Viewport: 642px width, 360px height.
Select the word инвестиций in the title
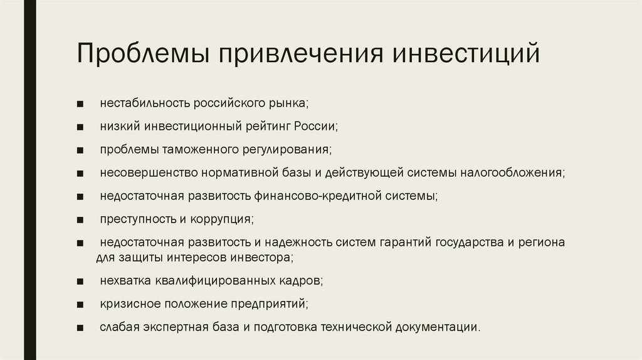(x=466, y=53)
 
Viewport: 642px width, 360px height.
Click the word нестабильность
(x=145, y=102)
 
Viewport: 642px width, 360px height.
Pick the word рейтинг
(x=268, y=126)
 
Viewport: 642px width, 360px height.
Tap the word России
(x=316, y=125)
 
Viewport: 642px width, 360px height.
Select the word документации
(x=438, y=327)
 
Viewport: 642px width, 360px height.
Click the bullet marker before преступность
(x=80, y=220)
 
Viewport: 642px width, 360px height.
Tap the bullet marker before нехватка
(x=80, y=282)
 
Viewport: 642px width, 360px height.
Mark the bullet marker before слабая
(x=80, y=327)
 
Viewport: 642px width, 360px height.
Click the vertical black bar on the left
(x=30, y=180)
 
